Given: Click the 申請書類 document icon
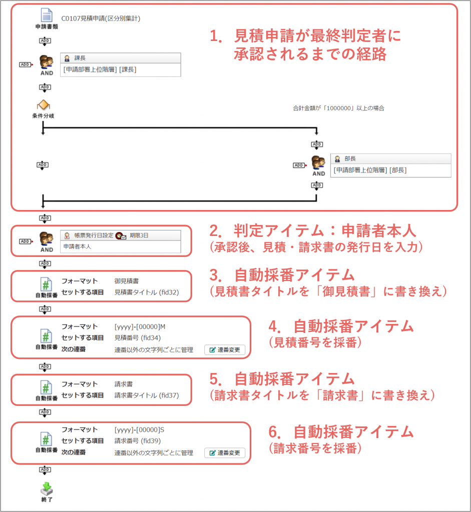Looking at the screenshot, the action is click(47, 15).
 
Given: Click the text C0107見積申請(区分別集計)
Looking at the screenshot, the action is click(101, 18).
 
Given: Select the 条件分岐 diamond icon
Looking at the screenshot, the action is click(44, 105).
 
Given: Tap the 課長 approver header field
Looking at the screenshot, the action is click(120, 58).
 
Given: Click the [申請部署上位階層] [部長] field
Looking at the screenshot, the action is click(390, 170).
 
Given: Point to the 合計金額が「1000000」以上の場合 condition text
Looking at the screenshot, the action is click(338, 108).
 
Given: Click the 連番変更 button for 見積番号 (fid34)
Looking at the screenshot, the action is click(225, 349).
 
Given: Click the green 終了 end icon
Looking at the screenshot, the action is click(47, 488).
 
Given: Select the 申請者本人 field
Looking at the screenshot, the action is click(120, 246).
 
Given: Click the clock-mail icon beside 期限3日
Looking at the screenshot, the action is click(121, 236).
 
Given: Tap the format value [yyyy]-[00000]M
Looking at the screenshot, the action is click(140, 327).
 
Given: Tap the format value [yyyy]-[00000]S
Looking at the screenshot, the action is click(139, 430).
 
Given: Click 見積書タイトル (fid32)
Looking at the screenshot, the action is click(147, 292).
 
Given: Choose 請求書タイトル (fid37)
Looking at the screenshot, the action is click(147, 395).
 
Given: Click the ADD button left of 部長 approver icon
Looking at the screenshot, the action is click(299, 165).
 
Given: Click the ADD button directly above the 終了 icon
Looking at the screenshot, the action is click(45, 470).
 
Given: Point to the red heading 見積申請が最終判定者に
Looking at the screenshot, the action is click(317, 35).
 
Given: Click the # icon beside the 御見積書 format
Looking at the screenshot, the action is click(46, 284).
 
